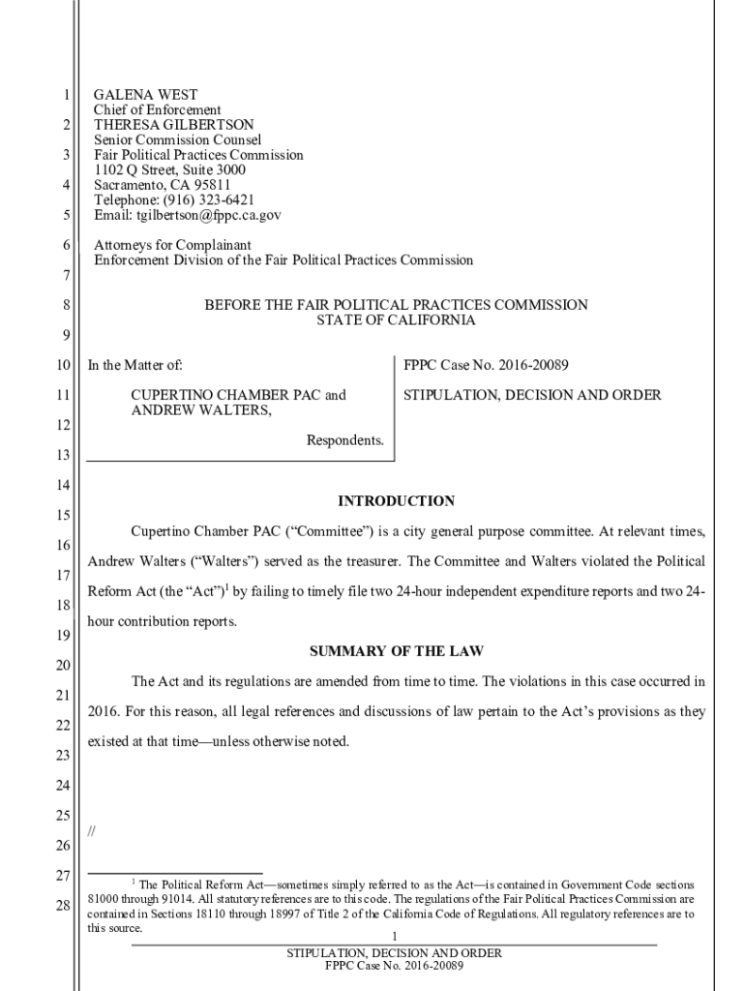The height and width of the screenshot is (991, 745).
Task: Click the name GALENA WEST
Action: (145, 95)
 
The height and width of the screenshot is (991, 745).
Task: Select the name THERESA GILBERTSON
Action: (173, 125)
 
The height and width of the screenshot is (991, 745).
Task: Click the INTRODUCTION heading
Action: (396, 501)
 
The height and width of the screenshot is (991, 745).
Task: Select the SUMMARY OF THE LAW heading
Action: (396, 650)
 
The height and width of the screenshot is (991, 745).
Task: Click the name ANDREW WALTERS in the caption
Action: (200, 410)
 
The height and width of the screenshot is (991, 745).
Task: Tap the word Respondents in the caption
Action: (344, 440)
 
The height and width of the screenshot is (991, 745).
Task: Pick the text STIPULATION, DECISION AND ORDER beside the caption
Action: (532, 395)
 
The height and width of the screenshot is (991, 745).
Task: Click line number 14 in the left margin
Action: (64, 484)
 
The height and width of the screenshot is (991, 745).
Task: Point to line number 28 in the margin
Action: (64, 906)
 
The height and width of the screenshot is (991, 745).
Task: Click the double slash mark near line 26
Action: (91, 830)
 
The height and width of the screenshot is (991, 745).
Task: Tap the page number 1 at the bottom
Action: (395, 937)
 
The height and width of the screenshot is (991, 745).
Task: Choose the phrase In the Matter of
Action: (135, 366)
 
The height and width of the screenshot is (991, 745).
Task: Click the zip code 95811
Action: (210, 185)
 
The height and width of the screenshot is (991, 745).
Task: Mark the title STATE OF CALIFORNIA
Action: (396, 320)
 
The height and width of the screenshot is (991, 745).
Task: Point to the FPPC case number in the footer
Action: (395, 966)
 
